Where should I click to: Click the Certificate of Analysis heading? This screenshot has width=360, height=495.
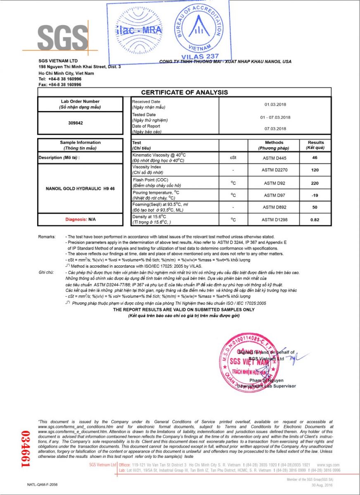tap(185, 92)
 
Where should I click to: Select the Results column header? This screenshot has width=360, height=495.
tap(316, 145)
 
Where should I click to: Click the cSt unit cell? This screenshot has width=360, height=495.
tap(233, 158)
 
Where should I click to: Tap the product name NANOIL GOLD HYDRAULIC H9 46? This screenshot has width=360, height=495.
tap(80, 189)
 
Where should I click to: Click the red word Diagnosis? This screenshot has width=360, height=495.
tap(76, 219)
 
